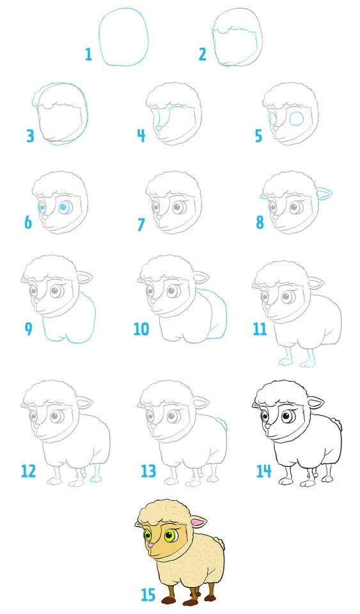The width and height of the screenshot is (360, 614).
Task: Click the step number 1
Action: coord(88,54)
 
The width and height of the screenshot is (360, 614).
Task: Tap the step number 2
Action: coord(202,54)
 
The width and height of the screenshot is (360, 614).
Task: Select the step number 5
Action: coord(258,136)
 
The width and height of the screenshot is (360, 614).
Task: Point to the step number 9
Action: coord(28,328)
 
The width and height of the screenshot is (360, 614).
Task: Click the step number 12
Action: coord(28,471)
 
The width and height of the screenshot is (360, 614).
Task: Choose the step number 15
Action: coord(148,595)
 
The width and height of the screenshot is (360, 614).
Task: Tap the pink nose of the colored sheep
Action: coord(150,545)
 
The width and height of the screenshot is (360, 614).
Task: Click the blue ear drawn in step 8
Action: coord(323,193)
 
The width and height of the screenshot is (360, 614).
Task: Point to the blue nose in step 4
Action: coord(158,128)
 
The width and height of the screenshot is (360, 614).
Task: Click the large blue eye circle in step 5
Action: coord(296,119)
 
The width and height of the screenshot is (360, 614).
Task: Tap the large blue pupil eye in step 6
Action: coord(64,208)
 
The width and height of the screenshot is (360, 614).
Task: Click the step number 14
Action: coord(263,471)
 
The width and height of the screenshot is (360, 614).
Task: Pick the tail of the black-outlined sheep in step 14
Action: coord(337,424)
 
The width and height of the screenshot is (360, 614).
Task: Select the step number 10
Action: coord(141,328)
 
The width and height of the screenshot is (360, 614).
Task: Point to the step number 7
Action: coord(141,224)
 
